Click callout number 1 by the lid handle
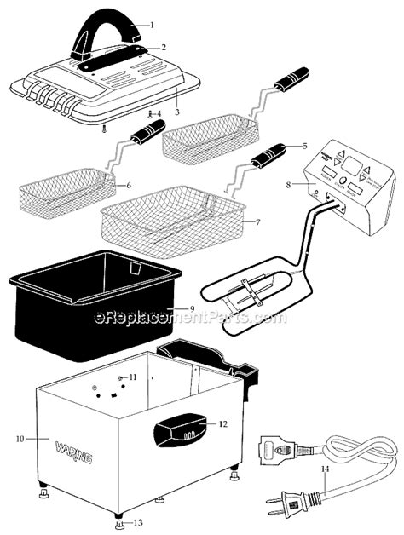[153, 25]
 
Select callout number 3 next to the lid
[176, 112]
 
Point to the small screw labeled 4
[158, 113]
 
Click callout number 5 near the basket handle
[304, 146]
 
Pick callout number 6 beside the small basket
[129, 185]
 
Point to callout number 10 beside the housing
[20, 439]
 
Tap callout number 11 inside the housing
[132, 376]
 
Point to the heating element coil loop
[247, 294]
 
